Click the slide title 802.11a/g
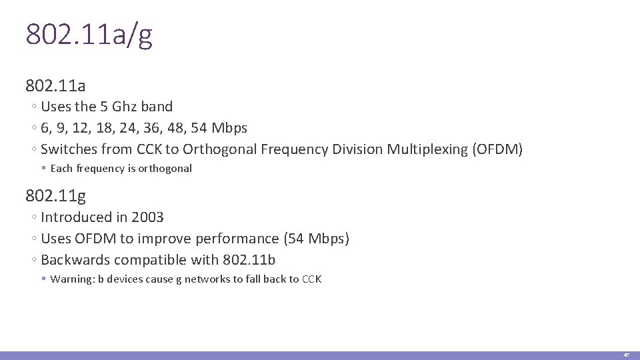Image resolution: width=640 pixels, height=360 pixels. tap(89, 35)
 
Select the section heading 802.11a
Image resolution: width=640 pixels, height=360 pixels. tap(55, 85)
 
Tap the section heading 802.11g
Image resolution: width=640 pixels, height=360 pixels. tap(55, 195)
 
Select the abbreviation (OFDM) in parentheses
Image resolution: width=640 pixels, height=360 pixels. tap(497, 149)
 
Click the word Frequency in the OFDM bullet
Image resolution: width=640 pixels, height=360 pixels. tap(293, 149)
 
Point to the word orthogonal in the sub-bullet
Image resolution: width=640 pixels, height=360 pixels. tap(165, 169)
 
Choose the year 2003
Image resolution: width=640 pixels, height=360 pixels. tap(147, 217)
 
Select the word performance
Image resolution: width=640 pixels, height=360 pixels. tap(244, 239)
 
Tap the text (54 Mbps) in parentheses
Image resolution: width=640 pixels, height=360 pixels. tap(316, 239)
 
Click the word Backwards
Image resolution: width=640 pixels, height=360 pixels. tap(75, 260)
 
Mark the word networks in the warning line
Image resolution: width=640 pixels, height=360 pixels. tap(209, 279)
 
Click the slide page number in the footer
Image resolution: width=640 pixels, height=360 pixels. tap(626, 355)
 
